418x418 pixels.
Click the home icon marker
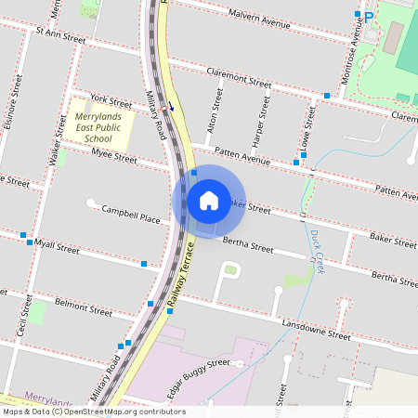tap(209, 201)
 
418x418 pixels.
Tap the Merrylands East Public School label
tap(98, 128)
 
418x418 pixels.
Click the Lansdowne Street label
tap(316, 329)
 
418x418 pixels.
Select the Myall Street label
tap(57, 245)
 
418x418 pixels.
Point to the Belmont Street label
tap(83, 305)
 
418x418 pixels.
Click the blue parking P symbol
tap(368, 16)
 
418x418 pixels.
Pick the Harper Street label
tap(263, 123)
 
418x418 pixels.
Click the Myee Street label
tap(114, 155)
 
